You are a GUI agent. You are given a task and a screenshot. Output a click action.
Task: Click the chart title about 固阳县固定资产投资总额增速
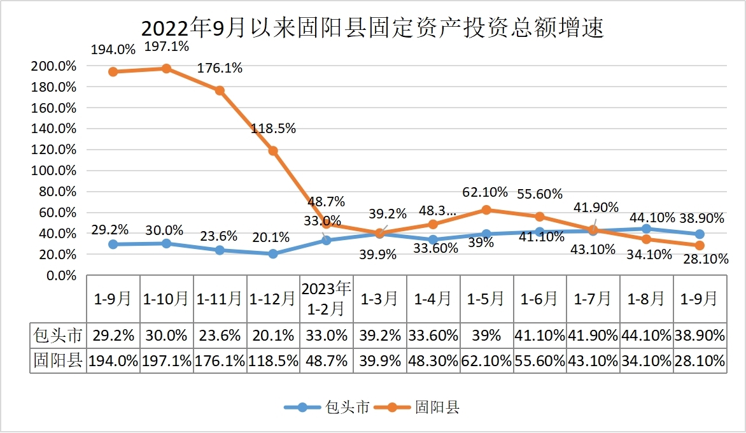(x=372, y=29)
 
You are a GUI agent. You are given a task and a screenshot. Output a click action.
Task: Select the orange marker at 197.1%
(x=166, y=69)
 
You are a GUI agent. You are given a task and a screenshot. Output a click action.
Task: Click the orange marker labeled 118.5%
(x=273, y=151)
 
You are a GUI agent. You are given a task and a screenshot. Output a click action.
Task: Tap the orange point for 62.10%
(x=486, y=210)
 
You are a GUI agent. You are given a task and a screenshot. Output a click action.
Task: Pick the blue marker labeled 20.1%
(x=273, y=254)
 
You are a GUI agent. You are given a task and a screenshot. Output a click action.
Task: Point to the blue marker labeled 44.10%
(x=647, y=229)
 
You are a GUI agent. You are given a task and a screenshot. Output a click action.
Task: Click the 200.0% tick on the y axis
(x=53, y=66)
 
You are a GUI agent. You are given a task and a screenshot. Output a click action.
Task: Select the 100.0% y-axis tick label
(x=53, y=171)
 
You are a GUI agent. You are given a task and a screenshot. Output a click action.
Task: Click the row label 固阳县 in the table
(x=58, y=361)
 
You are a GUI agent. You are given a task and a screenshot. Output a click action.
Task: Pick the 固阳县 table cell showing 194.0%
(x=113, y=361)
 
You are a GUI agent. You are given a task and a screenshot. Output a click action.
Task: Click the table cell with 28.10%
(x=700, y=361)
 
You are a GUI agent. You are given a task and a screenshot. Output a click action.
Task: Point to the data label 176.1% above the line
(x=220, y=68)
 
